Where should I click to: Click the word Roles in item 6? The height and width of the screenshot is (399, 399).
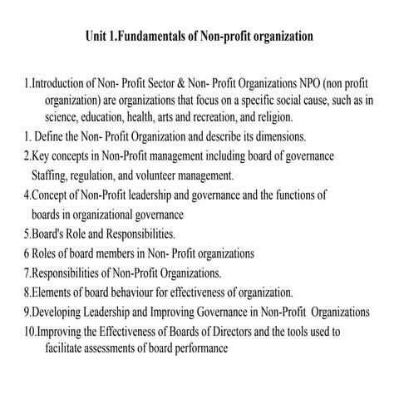pos(47,254)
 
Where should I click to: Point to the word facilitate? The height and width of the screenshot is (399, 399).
pos(69,348)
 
